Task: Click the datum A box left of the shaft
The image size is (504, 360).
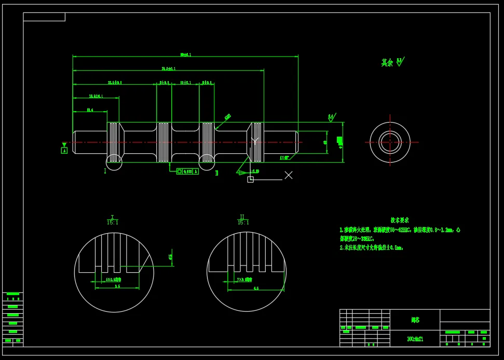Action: click(64, 150)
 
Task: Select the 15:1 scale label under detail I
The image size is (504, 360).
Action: click(113, 222)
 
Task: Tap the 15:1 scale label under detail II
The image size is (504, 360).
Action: click(242, 222)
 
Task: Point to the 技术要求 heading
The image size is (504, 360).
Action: click(400, 220)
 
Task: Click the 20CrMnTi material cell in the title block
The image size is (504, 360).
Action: click(415, 339)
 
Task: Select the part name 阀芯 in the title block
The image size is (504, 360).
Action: click(415, 321)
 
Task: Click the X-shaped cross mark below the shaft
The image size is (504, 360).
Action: click(289, 175)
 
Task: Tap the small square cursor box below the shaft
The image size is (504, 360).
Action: click(250, 179)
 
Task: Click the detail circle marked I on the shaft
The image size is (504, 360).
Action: click(114, 162)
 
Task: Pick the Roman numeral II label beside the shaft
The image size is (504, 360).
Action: click(217, 172)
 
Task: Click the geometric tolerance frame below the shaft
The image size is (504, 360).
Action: click(187, 171)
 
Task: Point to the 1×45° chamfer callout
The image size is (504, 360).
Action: click(284, 157)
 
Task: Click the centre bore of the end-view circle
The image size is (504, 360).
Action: click(390, 142)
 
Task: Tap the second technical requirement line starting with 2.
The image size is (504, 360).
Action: click(371, 248)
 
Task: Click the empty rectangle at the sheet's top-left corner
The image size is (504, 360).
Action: click(44, 17)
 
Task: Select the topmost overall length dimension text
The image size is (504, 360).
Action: click(185, 55)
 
